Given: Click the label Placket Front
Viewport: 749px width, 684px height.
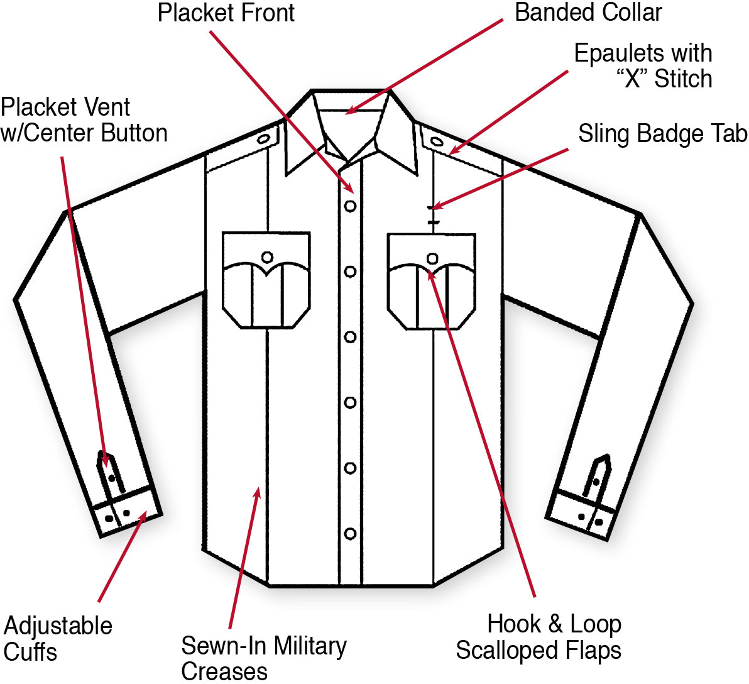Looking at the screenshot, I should pyautogui.click(x=226, y=13).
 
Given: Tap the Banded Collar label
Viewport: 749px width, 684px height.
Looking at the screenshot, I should pyautogui.click(x=588, y=13).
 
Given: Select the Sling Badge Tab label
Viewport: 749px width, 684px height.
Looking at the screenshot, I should pyautogui.click(x=662, y=134).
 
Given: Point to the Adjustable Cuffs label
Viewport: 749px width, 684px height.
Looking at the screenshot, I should pyautogui.click(x=58, y=638).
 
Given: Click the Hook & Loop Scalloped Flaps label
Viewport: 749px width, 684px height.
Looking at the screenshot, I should pyautogui.click(x=539, y=637).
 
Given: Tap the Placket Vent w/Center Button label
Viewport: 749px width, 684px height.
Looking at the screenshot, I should pyautogui.click(x=84, y=120).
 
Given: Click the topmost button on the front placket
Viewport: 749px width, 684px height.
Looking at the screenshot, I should pyautogui.click(x=350, y=206).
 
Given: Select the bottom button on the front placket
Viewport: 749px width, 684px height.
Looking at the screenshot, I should pyautogui.click(x=350, y=534).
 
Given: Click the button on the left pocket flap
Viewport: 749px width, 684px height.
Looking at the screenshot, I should pyautogui.click(x=267, y=257).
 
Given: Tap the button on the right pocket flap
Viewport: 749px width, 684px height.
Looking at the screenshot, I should pyautogui.click(x=432, y=258).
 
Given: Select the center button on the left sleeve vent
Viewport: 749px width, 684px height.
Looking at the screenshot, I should pyautogui.click(x=112, y=478).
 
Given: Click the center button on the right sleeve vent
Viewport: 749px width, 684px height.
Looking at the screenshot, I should pyautogui.click(x=596, y=482).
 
